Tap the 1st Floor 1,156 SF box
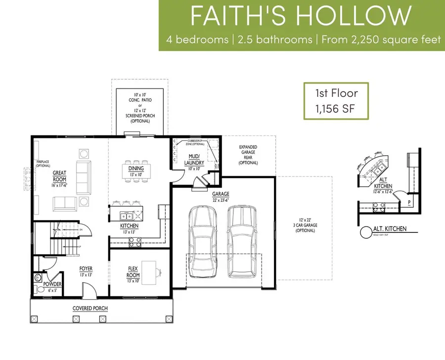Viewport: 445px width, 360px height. [336, 101]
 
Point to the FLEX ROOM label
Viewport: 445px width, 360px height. [133, 272]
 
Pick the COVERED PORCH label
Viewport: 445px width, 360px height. [90, 308]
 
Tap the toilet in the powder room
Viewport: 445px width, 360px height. [39, 278]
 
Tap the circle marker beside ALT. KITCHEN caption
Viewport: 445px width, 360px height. [366, 231]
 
